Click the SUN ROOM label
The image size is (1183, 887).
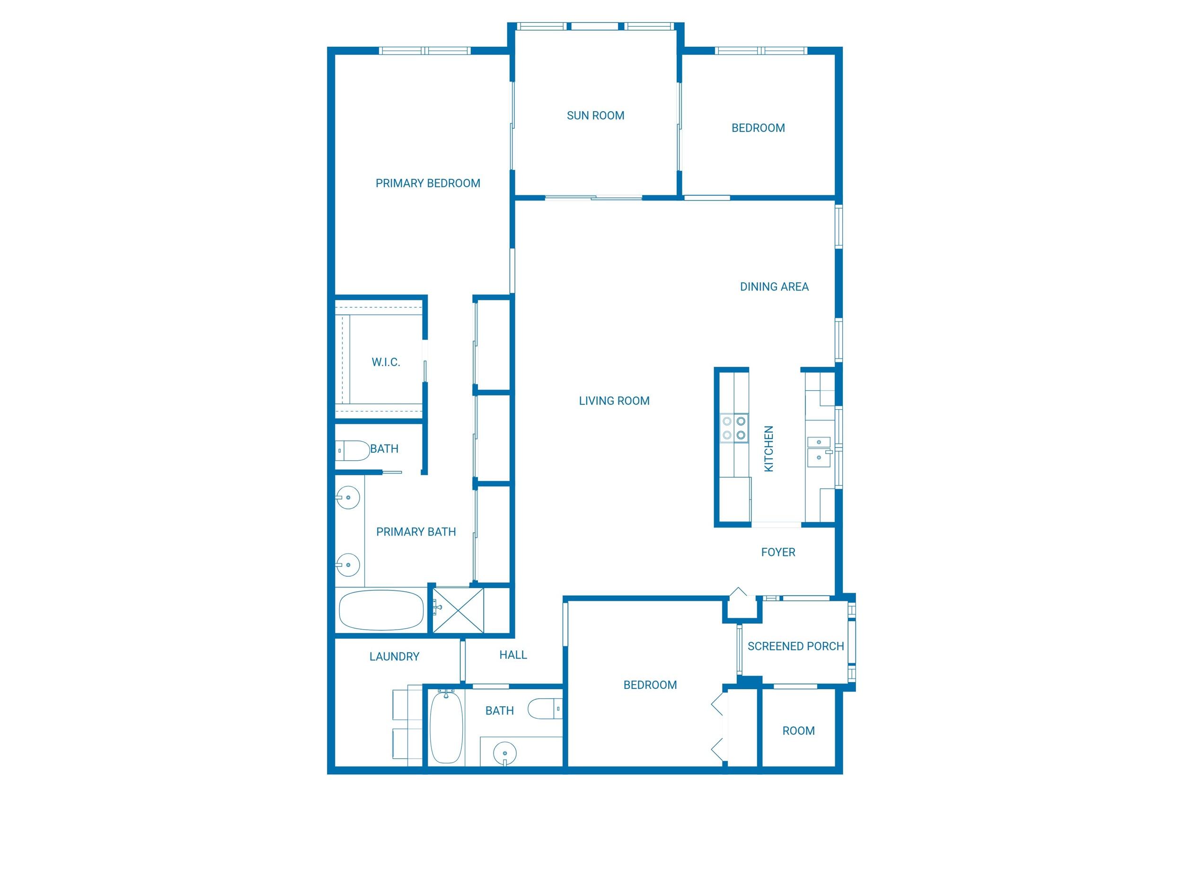pyautogui.click(x=595, y=115)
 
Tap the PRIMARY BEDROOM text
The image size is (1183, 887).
pyautogui.click(x=427, y=184)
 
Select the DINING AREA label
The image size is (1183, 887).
pyautogui.click(x=774, y=287)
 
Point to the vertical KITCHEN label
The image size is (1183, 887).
pyautogui.click(x=768, y=448)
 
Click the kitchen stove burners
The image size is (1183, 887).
pyautogui.click(x=734, y=428)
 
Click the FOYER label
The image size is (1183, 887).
pyautogui.click(x=777, y=552)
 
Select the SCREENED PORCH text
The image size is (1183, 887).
pyautogui.click(x=795, y=646)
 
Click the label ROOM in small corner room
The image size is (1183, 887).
pyautogui.click(x=798, y=731)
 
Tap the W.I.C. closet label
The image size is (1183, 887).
pyautogui.click(x=386, y=362)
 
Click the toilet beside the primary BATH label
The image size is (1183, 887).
pyautogui.click(x=353, y=451)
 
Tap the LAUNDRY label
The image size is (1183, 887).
pyautogui.click(x=394, y=657)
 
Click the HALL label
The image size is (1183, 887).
pyautogui.click(x=513, y=655)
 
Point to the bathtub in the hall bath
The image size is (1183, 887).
pyautogui.click(x=446, y=727)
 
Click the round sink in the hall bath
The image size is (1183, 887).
pyautogui.click(x=504, y=753)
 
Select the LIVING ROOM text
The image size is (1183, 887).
pyautogui.click(x=614, y=401)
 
